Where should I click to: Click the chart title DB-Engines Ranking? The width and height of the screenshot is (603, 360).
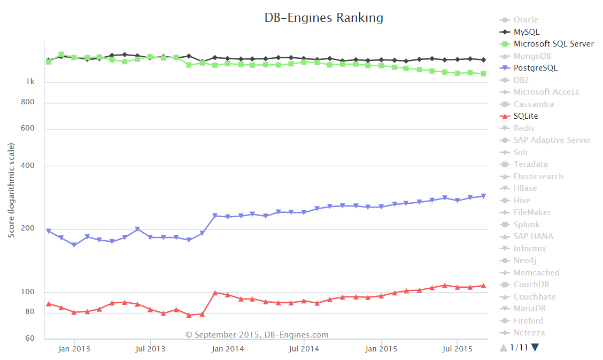click(x=324, y=18)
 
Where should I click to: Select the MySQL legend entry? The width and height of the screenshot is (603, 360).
click(x=526, y=32)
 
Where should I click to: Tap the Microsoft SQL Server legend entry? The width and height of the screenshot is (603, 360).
click(x=553, y=44)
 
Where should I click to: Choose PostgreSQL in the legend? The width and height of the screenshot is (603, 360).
click(x=535, y=68)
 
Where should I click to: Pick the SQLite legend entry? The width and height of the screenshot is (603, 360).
click(x=525, y=116)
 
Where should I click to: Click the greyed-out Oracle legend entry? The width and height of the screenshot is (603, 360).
click(x=525, y=20)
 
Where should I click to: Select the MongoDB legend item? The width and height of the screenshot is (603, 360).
click(x=532, y=56)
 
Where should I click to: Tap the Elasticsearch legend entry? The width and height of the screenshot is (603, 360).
click(x=538, y=177)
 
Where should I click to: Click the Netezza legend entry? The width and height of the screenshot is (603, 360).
click(x=529, y=333)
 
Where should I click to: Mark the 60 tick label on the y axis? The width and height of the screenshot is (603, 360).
click(x=30, y=339)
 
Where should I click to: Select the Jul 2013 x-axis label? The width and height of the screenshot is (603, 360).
click(x=150, y=349)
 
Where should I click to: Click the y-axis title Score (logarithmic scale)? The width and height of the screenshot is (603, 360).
click(x=11, y=190)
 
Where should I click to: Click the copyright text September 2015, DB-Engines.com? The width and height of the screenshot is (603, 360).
click(x=257, y=335)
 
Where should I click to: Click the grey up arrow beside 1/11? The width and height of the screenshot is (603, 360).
click(x=503, y=348)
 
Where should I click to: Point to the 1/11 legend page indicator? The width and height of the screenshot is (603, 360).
click(x=519, y=348)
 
